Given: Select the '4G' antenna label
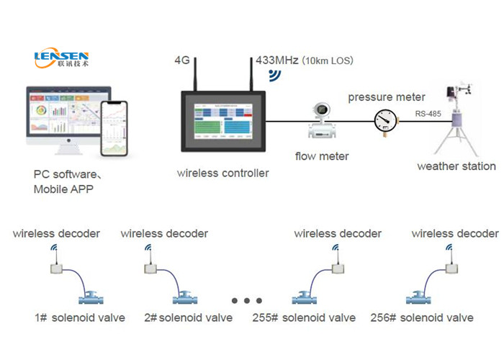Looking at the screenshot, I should coord(182,60).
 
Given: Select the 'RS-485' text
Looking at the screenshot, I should coord(431,113).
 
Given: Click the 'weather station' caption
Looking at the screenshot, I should coord(456,166).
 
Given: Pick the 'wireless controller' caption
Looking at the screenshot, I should coord(223,173).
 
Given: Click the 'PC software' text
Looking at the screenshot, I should coord(66,175).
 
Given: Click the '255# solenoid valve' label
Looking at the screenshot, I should coord(304,318).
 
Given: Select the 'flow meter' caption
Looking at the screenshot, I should coord(322,156).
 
